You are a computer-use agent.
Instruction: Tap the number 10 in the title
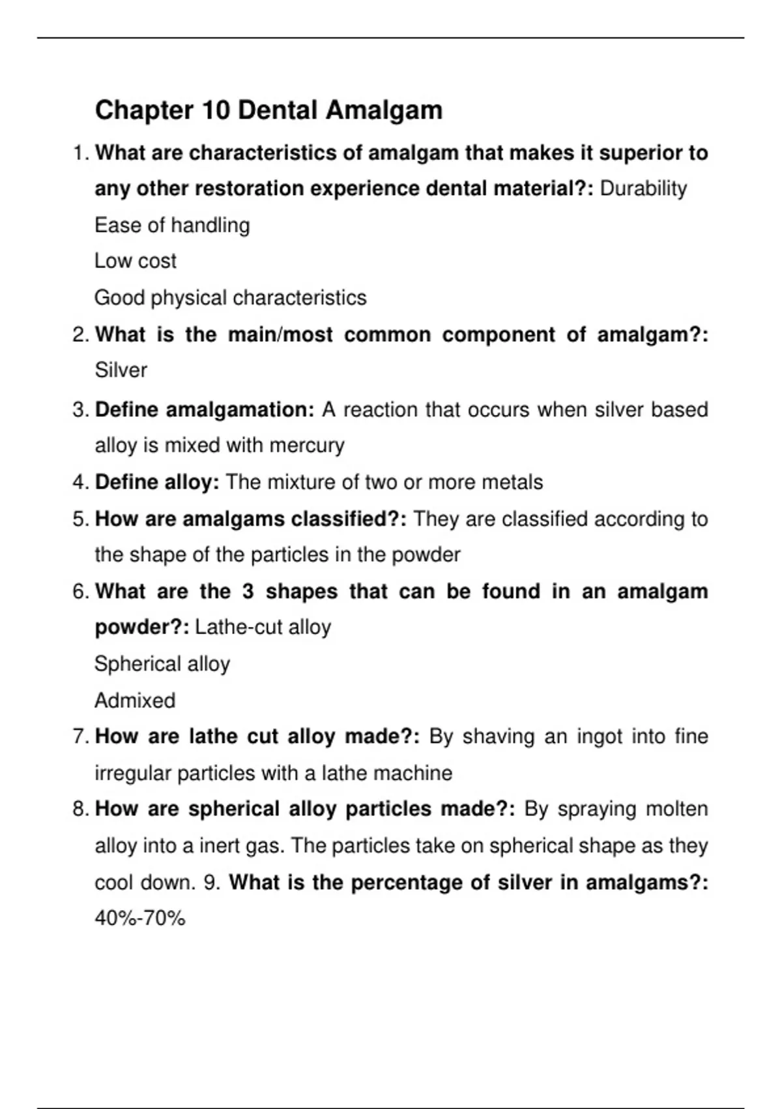(216, 110)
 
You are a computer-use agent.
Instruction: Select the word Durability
(643, 189)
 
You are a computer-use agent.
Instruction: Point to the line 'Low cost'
(136, 261)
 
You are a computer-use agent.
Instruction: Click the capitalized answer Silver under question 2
(121, 370)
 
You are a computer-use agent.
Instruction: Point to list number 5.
(80, 519)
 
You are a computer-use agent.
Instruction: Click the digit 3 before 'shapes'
(248, 592)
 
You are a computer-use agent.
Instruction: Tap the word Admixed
(136, 701)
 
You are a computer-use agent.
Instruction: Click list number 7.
(80, 737)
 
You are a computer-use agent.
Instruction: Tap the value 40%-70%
(140, 919)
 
